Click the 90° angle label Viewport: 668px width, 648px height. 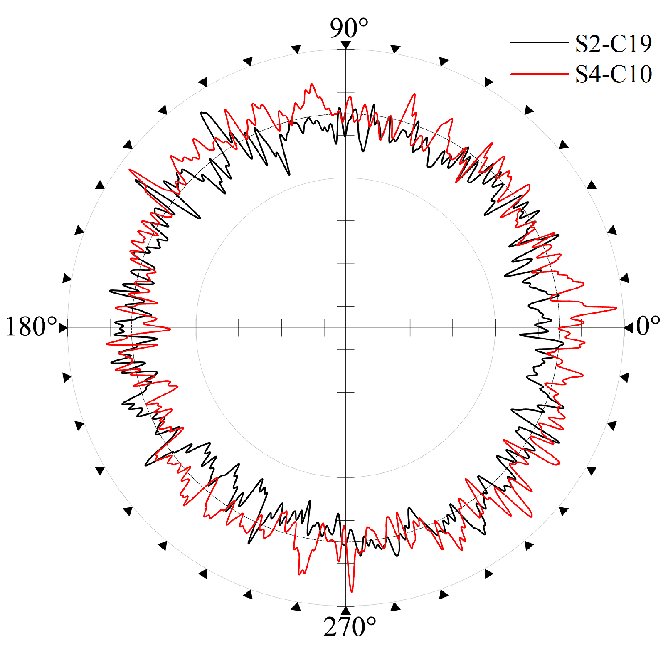(x=349, y=28)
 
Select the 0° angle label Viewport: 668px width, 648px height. (x=648, y=326)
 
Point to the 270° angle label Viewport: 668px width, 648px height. (x=350, y=627)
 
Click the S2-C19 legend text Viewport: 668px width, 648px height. (x=613, y=43)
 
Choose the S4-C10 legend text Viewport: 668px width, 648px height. (x=613, y=74)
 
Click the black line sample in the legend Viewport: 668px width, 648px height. (x=539, y=42)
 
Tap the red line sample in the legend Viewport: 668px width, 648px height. (x=539, y=74)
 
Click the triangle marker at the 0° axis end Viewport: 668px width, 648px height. (x=628, y=328)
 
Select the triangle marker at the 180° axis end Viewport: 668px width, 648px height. (x=63, y=328)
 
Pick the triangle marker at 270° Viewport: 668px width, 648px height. (x=346, y=611)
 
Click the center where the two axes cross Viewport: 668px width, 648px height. (x=346, y=328)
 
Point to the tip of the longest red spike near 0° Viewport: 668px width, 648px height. (x=616, y=308)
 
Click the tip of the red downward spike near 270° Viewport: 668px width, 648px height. (x=352, y=591)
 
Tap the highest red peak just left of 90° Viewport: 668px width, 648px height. (x=312, y=84)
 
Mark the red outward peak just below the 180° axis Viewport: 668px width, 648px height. (x=107, y=344)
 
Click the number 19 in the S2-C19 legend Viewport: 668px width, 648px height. (x=640, y=43)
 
